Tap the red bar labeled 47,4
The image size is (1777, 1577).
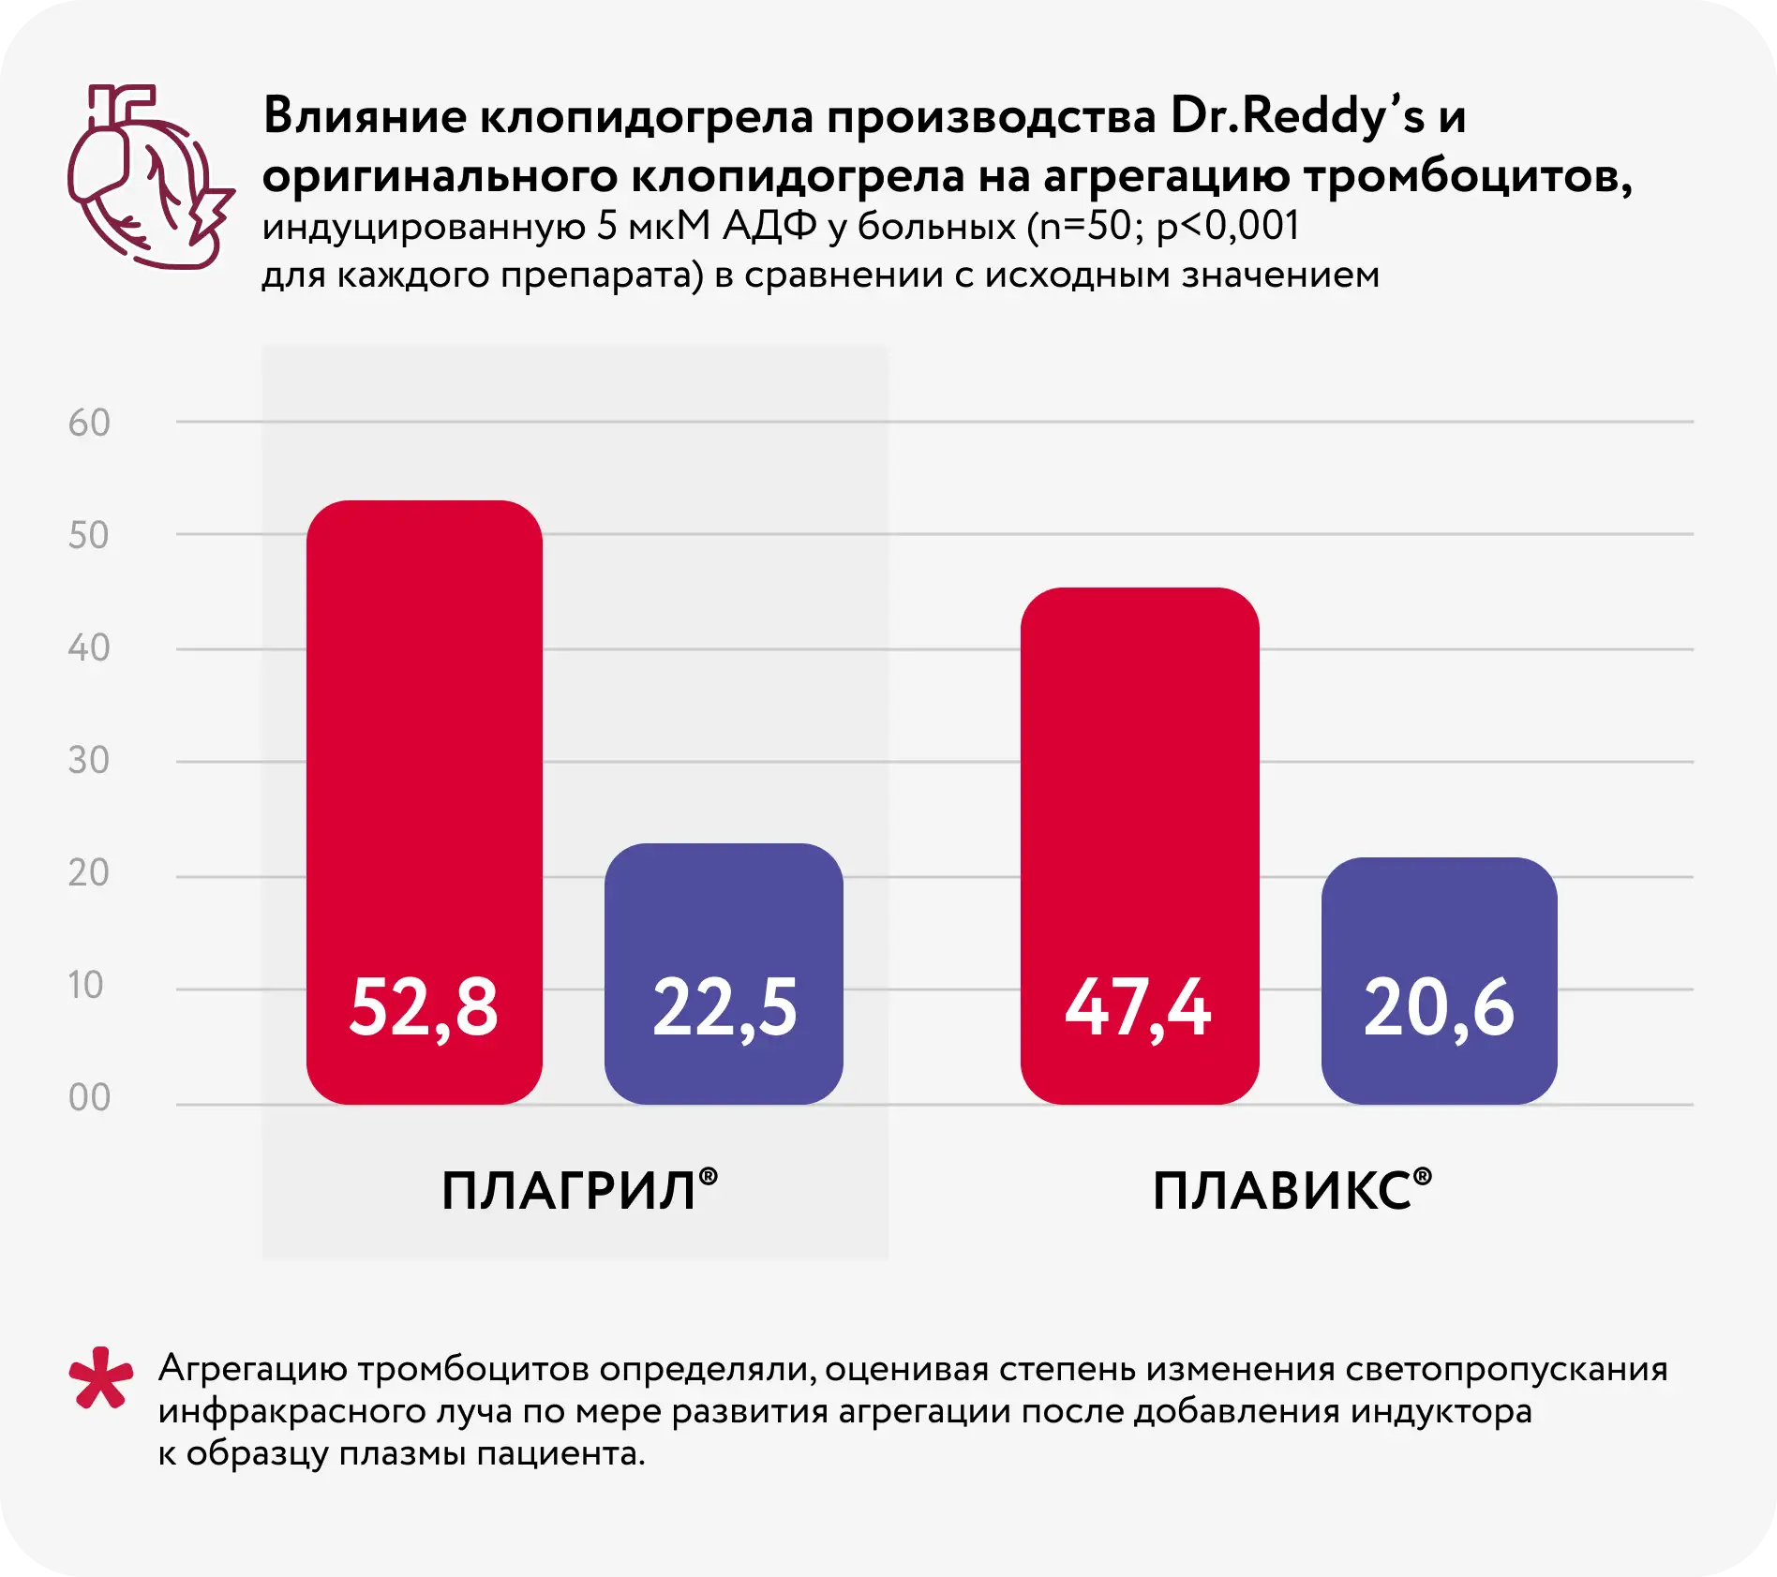pyautogui.click(x=1139, y=843)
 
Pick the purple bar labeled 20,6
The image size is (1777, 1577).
pyautogui.click(x=1439, y=979)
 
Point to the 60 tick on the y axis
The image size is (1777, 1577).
pyautogui.click(x=89, y=424)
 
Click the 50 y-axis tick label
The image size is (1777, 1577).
pyautogui.click(x=89, y=536)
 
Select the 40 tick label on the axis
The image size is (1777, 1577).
pyautogui.click(x=89, y=648)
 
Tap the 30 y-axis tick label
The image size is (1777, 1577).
pyautogui.click(x=89, y=761)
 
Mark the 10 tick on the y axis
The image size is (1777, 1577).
pyautogui.click(x=86, y=986)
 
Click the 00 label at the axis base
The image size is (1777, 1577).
pyautogui.click(x=89, y=1098)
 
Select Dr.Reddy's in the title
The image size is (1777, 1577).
pyautogui.click(x=1297, y=117)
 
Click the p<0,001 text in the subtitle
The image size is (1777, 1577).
pyautogui.click(x=1228, y=227)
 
